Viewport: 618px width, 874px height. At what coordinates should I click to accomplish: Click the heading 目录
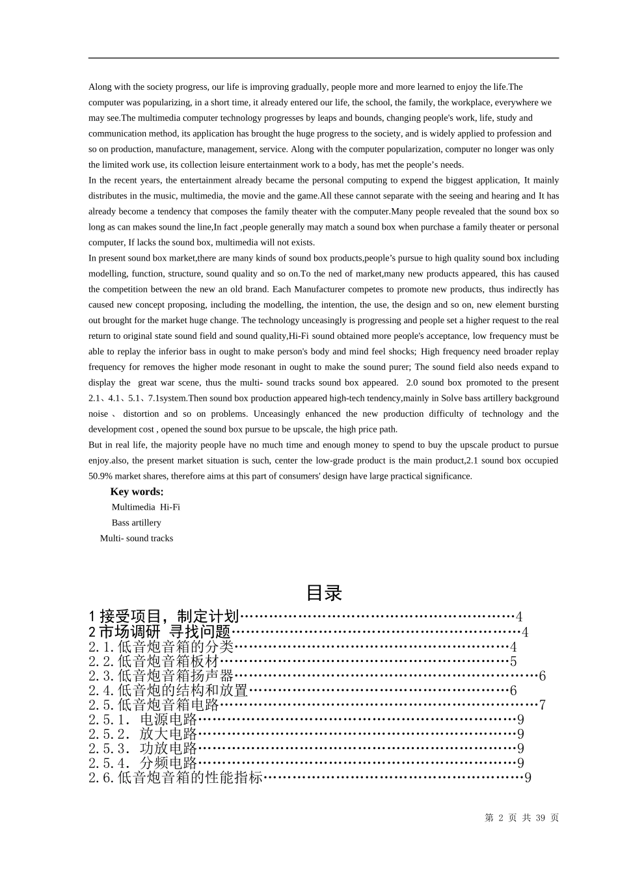coord(323,593)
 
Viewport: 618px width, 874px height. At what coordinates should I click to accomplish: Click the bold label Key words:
coord(137,492)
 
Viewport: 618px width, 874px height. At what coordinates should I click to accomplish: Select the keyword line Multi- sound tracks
coord(137,538)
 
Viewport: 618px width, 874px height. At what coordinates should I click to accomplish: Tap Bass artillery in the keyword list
coord(136,523)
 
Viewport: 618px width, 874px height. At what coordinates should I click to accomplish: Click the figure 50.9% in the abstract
coord(100,476)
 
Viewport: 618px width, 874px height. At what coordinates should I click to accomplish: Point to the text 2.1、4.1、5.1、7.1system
coord(137,398)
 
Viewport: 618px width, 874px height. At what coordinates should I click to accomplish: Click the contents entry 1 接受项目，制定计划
coord(164,616)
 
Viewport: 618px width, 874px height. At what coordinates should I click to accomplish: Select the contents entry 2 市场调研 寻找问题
coord(160,631)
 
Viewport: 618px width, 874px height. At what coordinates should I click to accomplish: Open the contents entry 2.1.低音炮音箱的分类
coord(161,646)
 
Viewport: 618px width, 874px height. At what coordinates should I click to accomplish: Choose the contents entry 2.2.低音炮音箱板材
coord(154,661)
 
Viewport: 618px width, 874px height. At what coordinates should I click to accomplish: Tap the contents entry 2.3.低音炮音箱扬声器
coord(161,676)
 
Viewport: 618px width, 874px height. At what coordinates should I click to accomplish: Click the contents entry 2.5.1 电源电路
coord(142,719)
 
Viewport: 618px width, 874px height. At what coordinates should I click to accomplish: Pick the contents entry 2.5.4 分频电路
coord(142,763)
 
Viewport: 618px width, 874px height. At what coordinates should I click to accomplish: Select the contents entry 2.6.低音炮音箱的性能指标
coord(176,777)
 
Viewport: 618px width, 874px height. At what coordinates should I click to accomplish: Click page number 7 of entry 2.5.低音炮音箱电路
coord(543,705)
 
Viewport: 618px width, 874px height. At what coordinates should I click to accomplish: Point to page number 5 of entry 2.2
coord(513,661)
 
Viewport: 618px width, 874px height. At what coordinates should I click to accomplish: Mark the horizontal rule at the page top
coord(323,58)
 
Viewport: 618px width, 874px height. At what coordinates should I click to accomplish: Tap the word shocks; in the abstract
coord(401,351)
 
